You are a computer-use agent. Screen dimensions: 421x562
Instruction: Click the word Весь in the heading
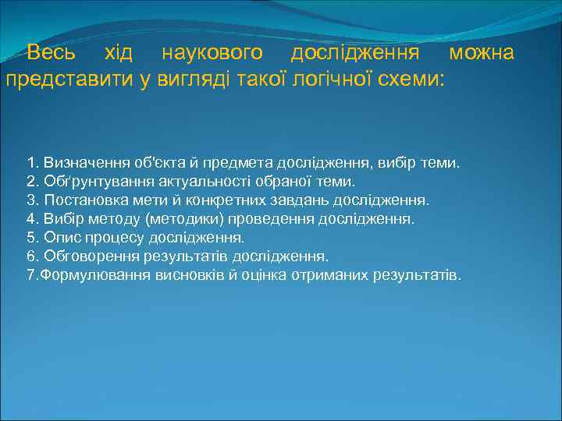pos(51,53)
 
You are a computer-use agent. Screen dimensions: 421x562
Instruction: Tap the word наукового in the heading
pos(212,53)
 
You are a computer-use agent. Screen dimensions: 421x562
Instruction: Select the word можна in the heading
pos(482,53)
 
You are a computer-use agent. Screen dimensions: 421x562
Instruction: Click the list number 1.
pos(30,163)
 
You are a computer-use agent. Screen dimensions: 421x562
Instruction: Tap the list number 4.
pos(30,219)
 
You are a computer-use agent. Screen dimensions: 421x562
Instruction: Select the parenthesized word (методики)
pos(182,219)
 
